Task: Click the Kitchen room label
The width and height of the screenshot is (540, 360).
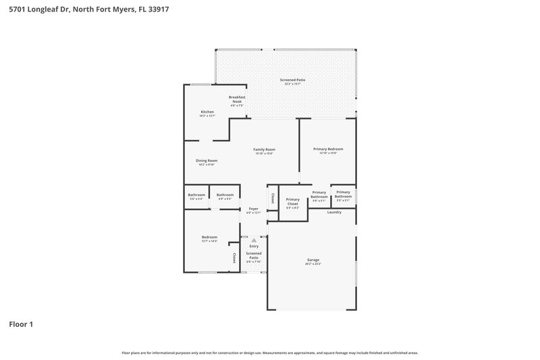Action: (207, 111)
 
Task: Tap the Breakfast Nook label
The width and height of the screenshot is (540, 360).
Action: (236, 99)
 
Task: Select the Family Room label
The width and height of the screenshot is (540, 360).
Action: (264, 149)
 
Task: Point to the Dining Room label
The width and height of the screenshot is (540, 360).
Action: (207, 160)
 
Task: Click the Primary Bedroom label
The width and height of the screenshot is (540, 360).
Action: (327, 149)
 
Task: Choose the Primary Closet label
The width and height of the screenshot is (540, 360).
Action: (293, 201)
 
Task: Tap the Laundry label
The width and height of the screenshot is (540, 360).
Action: (334, 212)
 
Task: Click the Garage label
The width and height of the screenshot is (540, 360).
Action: (313, 259)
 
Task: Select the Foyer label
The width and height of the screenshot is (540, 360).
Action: (253, 209)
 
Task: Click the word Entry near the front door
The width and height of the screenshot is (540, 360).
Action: (254, 246)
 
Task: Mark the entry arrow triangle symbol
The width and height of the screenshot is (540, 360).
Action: (254, 240)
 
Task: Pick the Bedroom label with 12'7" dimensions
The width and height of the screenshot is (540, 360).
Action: (209, 237)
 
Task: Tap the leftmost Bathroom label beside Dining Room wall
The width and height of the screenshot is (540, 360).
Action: (196, 195)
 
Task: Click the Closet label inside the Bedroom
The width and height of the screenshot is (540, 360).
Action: (234, 258)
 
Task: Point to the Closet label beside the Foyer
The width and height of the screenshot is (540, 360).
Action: (273, 198)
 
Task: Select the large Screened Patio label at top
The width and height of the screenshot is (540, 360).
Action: (292, 80)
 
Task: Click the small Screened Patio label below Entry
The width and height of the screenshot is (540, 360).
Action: (253, 255)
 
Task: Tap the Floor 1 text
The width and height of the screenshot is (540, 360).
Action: (21, 324)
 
